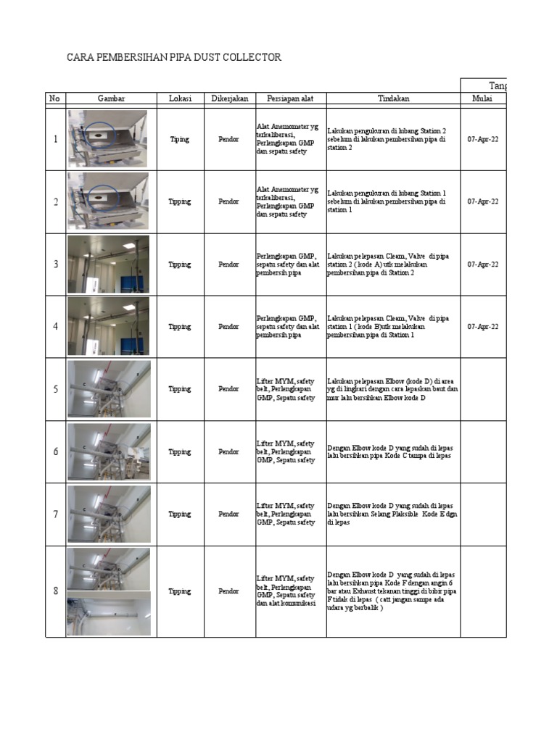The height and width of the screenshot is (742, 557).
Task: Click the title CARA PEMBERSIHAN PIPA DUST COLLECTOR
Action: click(173, 57)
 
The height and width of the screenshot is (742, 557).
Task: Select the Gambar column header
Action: click(111, 99)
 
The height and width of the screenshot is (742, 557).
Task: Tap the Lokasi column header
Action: click(180, 99)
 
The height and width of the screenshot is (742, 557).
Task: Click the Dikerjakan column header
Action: click(228, 99)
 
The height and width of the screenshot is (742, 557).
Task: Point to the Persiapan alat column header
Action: click(290, 99)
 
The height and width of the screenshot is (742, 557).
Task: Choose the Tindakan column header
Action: click(392, 99)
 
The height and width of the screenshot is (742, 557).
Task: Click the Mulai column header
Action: click(482, 99)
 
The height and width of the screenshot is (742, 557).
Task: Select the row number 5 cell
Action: click(55, 389)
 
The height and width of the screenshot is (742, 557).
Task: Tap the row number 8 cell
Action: click(55, 591)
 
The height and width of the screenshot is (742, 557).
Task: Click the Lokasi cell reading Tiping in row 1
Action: click(180, 139)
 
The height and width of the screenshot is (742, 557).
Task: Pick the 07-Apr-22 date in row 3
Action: click(482, 264)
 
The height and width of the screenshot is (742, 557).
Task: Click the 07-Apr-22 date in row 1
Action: click(482, 139)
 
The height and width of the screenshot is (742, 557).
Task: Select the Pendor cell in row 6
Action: click(228, 451)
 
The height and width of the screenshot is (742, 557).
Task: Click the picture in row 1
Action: click(108, 139)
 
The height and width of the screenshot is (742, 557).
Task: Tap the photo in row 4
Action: click(108, 326)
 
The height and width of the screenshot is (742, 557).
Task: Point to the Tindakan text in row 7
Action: click(391, 514)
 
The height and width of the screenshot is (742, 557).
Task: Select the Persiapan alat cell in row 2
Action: click(288, 201)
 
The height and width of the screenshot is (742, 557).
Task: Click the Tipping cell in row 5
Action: click(180, 389)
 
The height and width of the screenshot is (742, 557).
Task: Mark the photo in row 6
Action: click(109, 451)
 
